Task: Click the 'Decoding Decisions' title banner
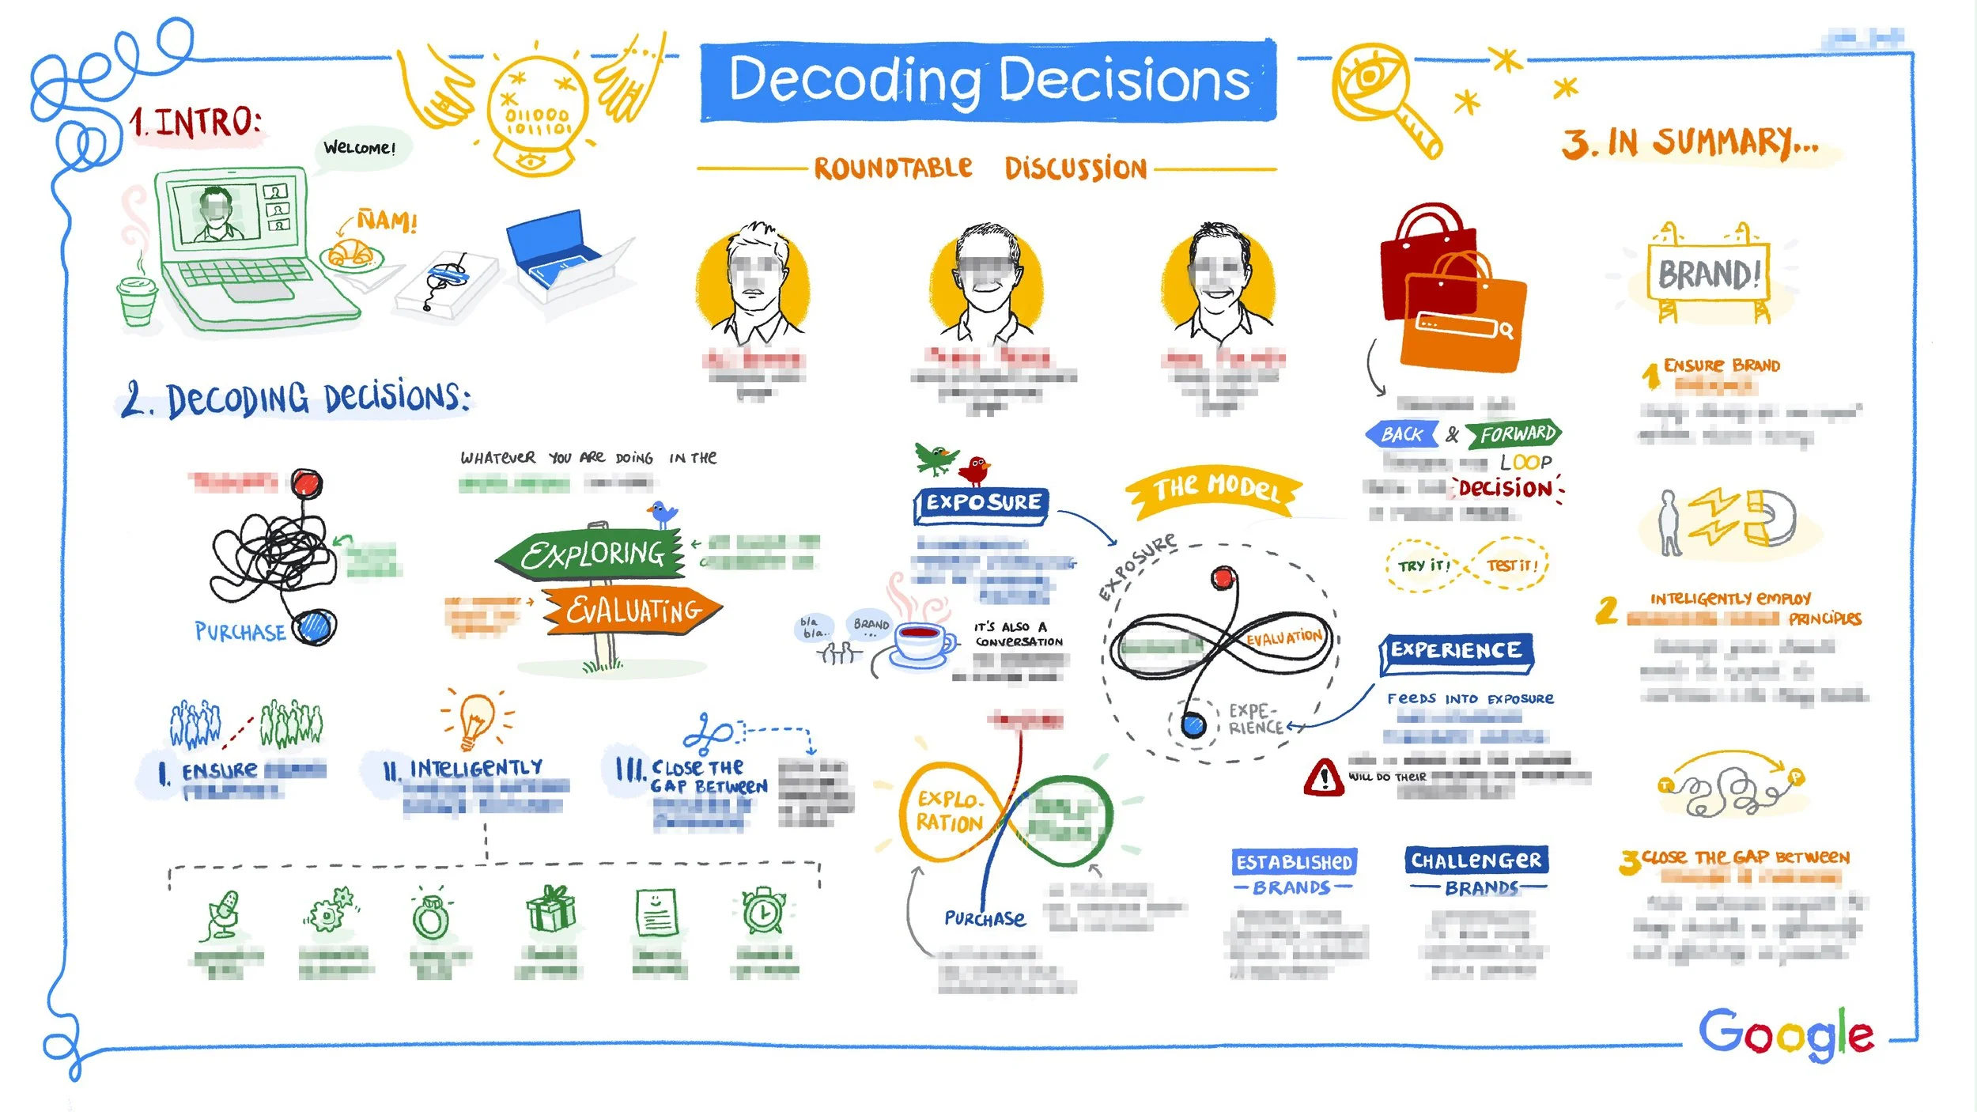click(988, 81)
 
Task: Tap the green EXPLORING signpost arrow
click(592, 554)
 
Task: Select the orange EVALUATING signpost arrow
click(633, 610)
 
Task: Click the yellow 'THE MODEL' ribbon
click(1216, 489)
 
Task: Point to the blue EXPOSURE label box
click(982, 503)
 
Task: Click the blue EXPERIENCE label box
click(1456, 651)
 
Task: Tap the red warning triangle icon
click(1323, 777)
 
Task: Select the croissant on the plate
click(350, 253)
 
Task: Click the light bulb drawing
click(476, 718)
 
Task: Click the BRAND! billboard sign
click(1708, 274)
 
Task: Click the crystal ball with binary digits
click(538, 111)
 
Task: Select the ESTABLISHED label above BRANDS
click(1294, 862)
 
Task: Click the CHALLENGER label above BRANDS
click(1476, 860)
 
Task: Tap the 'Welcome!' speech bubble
click(360, 148)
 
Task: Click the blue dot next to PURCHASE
click(315, 627)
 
